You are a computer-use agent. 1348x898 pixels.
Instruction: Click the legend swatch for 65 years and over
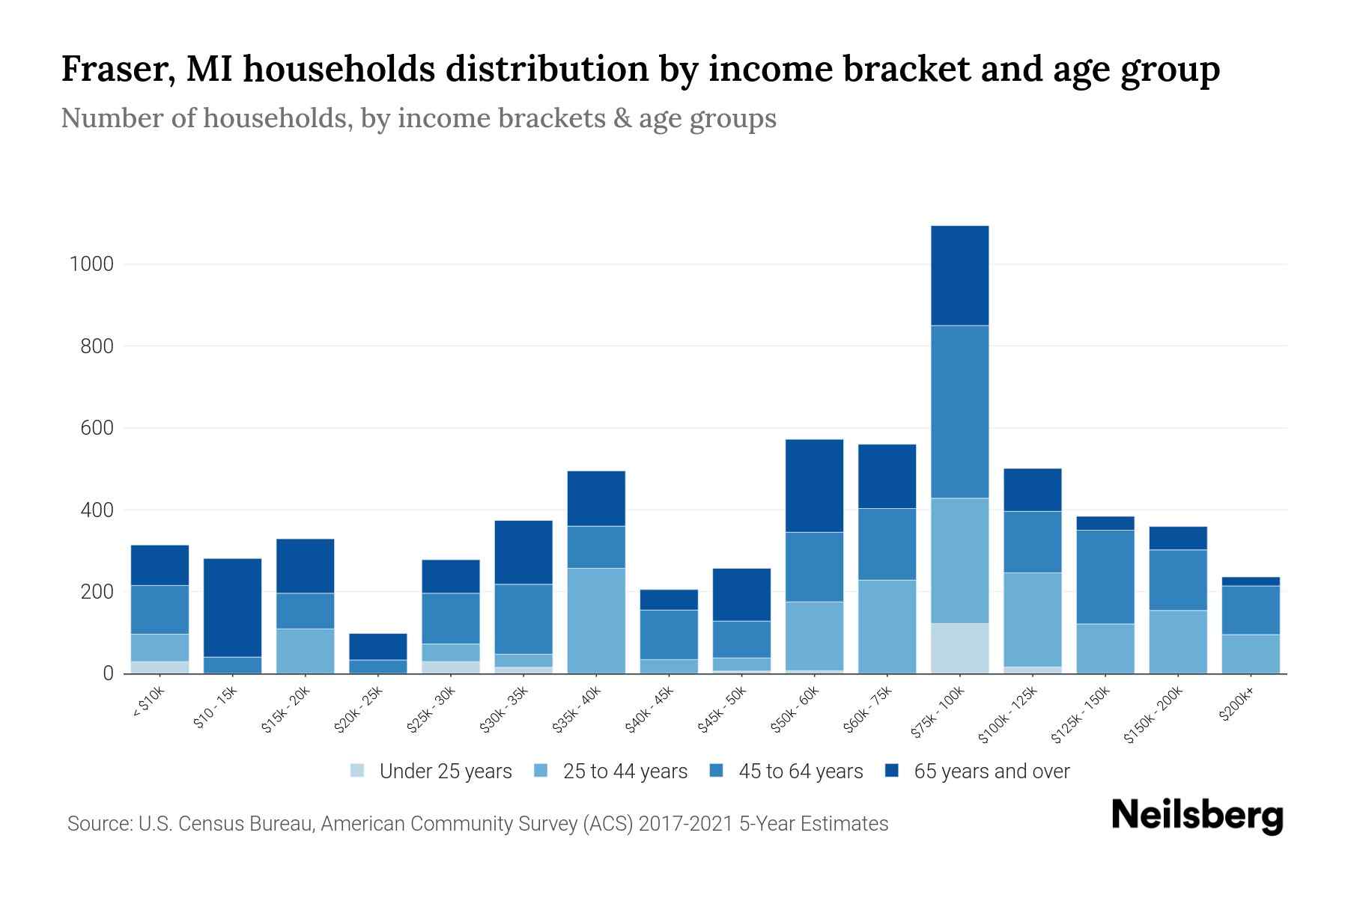point(892,771)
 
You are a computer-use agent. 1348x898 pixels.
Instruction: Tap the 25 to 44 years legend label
point(625,772)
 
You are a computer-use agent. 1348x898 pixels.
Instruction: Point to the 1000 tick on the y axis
point(91,264)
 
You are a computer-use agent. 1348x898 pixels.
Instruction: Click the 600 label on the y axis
point(97,428)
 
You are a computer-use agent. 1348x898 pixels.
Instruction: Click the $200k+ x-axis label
point(1236,706)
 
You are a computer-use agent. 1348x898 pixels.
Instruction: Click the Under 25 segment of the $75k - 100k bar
point(959,648)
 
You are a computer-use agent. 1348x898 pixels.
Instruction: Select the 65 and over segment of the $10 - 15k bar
point(232,607)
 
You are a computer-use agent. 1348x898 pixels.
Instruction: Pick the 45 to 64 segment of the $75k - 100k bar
point(959,412)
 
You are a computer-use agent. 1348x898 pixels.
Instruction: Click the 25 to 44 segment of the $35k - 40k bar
point(596,620)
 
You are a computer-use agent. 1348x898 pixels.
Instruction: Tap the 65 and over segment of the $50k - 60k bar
point(814,486)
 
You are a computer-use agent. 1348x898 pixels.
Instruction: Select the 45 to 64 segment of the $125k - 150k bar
point(1105,576)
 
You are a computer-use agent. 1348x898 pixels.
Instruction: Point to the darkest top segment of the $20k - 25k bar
point(377,647)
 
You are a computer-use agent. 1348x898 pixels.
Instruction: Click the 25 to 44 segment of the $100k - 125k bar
point(1032,619)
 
